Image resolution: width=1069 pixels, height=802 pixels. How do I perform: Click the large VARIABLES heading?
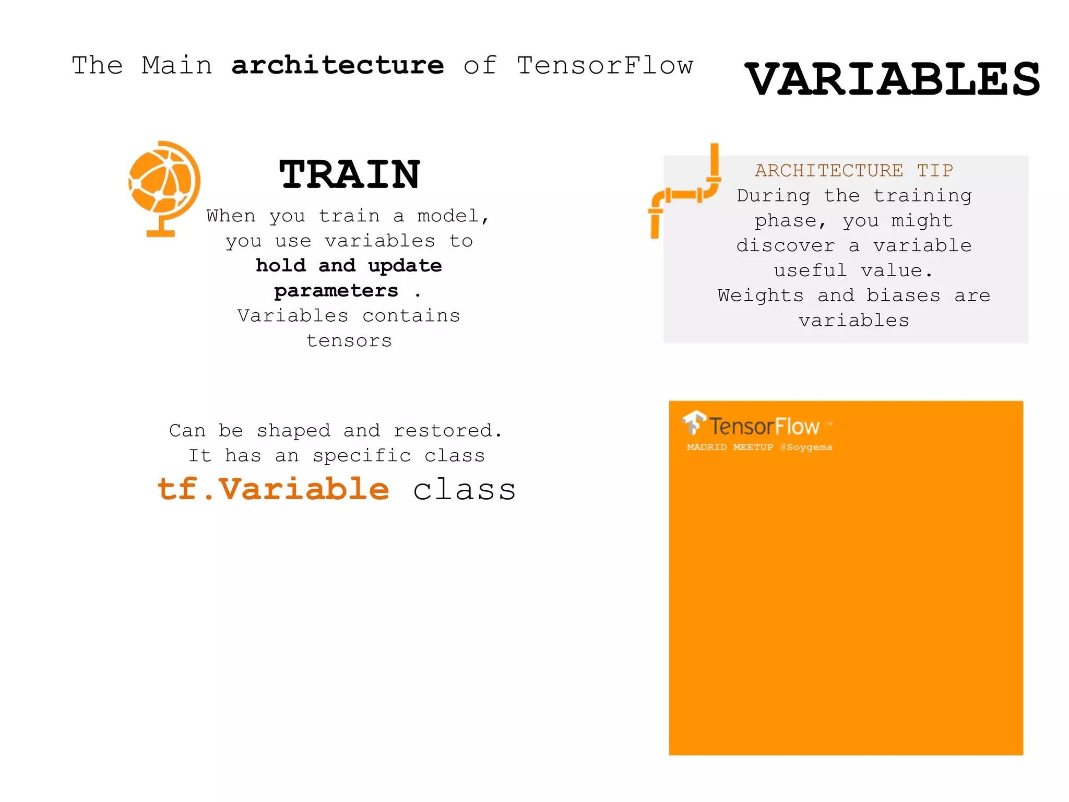point(892,79)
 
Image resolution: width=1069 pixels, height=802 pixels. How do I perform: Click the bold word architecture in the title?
point(338,66)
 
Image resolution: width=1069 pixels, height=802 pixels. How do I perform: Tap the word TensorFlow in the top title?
point(605,66)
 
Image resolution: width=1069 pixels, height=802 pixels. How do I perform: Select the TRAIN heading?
point(349,174)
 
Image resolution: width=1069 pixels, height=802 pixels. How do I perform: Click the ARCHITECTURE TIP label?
point(854,171)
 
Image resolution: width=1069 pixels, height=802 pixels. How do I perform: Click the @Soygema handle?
point(806,447)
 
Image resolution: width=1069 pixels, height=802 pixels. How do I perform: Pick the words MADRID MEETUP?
point(730,447)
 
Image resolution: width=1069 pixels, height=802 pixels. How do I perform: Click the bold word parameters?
point(336,291)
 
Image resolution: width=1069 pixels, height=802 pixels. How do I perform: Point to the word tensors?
point(349,341)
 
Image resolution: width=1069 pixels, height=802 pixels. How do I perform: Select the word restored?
point(447,431)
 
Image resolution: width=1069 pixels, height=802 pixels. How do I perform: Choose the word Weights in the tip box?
point(760,296)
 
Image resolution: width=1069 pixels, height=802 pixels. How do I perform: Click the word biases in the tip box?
point(904,296)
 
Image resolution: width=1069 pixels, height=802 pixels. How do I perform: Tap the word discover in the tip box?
point(786,246)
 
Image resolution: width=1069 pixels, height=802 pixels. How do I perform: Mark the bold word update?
point(405,266)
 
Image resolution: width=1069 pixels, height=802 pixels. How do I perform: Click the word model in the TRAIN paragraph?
point(452,216)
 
